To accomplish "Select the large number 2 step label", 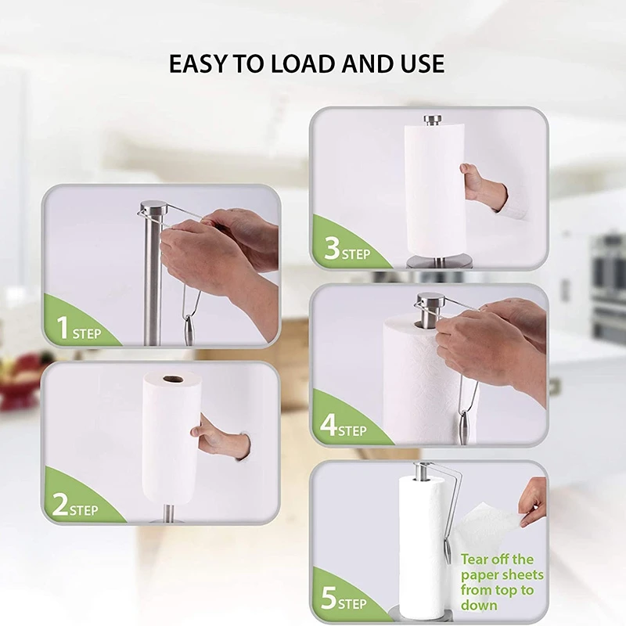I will pos(61,505).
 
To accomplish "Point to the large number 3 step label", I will pos(332,250).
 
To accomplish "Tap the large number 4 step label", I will pos(329,426).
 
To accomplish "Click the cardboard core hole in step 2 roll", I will pos(172,380).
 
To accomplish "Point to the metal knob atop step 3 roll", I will pos(433,120).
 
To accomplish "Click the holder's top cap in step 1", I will pos(153,208).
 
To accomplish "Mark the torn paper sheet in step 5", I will pos(489,527).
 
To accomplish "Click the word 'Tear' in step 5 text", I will pos(476,559).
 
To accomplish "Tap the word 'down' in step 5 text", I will pos(478,605).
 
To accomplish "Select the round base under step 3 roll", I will pos(439,261).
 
